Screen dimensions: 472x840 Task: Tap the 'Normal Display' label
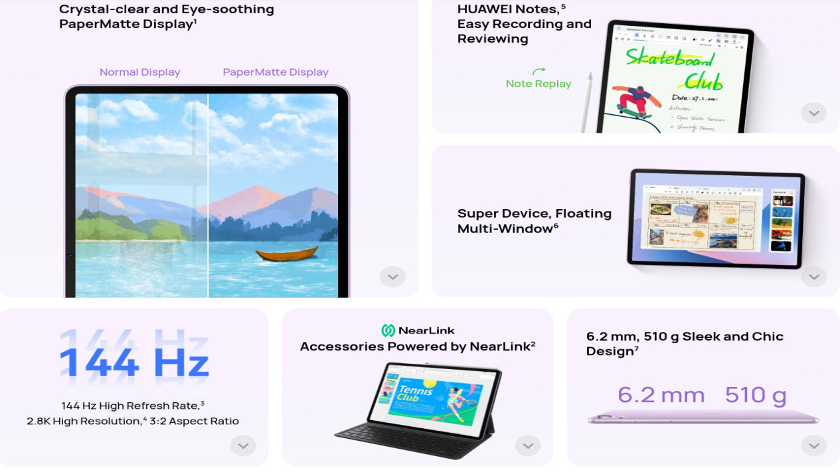click(x=139, y=72)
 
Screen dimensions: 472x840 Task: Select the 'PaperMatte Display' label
click(x=276, y=72)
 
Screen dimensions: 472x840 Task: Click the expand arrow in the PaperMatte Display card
click(x=392, y=277)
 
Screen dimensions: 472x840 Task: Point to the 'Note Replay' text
click(x=539, y=84)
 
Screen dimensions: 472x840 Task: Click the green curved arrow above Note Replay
click(x=539, y=70)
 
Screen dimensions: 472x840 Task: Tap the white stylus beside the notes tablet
click(x=586, y=103)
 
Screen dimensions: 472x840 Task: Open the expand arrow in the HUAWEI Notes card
click(x=813, y=113)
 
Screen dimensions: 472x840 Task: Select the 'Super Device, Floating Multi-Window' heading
click(x=535, y=220)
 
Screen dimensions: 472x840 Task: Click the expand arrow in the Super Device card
click(x=813, y=277)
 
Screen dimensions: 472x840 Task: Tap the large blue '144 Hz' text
click(x=134, y=362)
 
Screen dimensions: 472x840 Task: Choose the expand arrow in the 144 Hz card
click(x=243, y=445)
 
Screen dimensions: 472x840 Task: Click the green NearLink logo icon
click(x=388, y=331)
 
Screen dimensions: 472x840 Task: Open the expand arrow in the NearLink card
click(x=528, y=445)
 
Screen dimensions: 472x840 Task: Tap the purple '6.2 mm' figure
click(x=661, y=395)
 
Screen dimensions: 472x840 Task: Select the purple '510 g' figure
click(x=756, y=395)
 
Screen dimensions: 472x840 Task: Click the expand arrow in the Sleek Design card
click(x=813, y=445)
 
